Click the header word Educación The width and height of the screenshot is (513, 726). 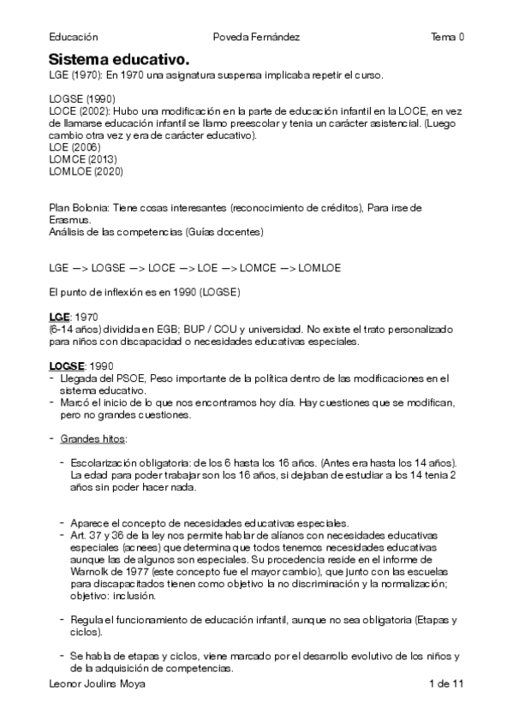click(x=74, y=37)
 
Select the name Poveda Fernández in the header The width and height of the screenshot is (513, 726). click(x=256, y=37)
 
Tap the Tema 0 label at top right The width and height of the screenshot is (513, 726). click(x=447, y=37)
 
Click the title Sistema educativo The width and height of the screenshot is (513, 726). click(x=118, y=59)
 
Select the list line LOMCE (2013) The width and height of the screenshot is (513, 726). click(x=83, y=159)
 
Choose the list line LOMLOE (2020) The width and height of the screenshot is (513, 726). click(x=86, y=171)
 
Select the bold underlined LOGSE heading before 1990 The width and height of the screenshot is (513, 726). click(x=67, y=366)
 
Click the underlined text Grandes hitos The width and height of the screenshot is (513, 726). click(x=92, y=439)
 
